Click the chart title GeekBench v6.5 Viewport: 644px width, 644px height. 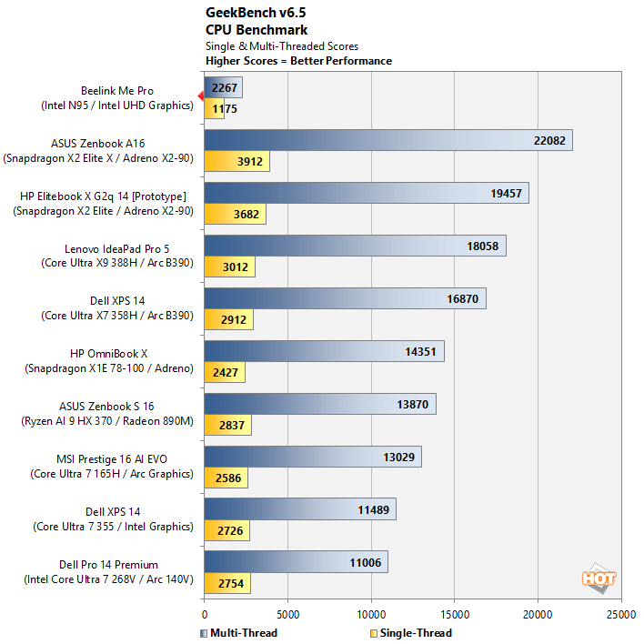pyautogui.click(x=252, y=15)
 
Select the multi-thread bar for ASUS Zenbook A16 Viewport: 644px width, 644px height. pyautogui.click(x=387, y=140)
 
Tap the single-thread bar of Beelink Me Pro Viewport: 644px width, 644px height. pyautogui.click(x=214, y=109)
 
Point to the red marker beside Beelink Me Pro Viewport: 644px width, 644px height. pyautogui.click(x=200, y=96)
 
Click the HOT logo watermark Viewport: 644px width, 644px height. pyautogui.click(x=599, y=577)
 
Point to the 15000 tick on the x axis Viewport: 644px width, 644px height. pyautogui.click(x=454, y=614)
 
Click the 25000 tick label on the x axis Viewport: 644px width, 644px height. pyautogui.click(x=621, y=614)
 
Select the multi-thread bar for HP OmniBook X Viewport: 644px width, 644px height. pyautogui.click(x=324, y=351)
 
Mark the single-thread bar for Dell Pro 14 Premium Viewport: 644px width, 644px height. pyautogui.click(x=226, y=583)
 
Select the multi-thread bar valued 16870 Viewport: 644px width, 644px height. pyautogui.click(x=345, y=298)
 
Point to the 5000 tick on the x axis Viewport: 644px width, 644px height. pyautogui.click(x=287, y=614)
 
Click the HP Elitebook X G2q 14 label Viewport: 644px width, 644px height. pyautogui.click(x=103, y=196)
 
